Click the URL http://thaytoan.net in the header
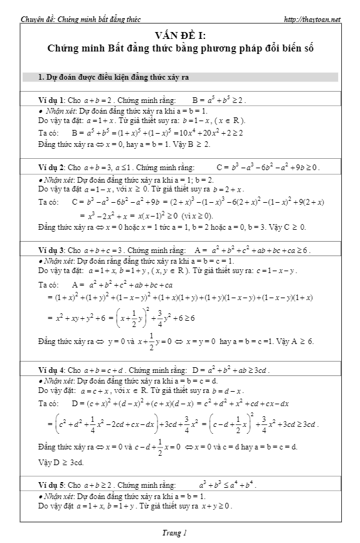pyautogui.click(x=312, y=19)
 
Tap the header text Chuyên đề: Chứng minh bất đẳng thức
pyautogui.click(x=73, y=19)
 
